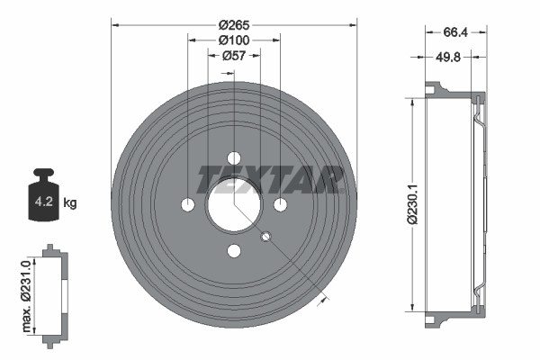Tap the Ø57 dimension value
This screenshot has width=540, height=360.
pyautogui.click(x=233, y=56)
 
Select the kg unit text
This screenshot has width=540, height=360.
pyautogui.click(x=70, y=203)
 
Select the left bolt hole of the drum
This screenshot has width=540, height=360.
pyautogui.click(x=187, y=204)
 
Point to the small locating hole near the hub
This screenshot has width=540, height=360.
pyautogui.click(x=265, y=237)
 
